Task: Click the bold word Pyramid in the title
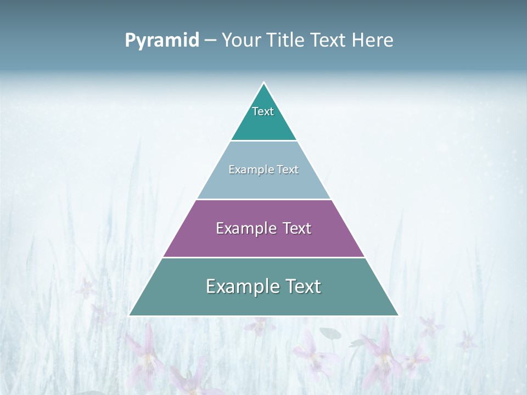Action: [162, 41]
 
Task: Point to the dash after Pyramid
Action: [210, 41]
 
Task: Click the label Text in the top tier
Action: [263, 111]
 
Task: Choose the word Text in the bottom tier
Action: [301, 286]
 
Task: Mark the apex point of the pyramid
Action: [263, 83]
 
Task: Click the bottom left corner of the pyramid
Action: [130, 315]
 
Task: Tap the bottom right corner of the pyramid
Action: [398, 315]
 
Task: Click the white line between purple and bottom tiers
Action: [263, 257]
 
